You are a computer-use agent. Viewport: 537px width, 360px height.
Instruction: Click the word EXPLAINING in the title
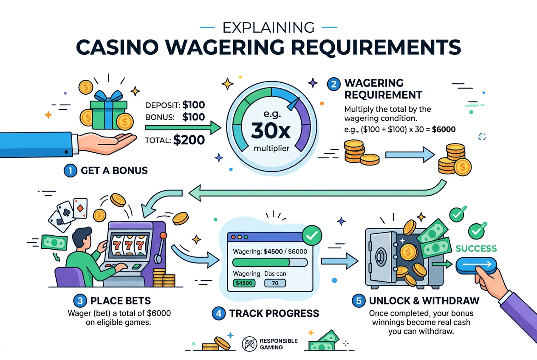[x=268, y=28]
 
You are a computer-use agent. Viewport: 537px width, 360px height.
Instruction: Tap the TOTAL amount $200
[x=189, y=140]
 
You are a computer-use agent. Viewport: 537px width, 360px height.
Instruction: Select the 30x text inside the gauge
[x=271, y=131]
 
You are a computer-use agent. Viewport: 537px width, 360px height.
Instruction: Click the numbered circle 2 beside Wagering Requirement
[x=334, y=84]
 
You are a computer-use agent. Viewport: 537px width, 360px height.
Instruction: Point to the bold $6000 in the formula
[x=444, y=129]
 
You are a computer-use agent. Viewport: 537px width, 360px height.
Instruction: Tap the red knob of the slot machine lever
[x=163, y=235]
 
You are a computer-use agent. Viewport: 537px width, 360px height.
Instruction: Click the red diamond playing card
[x=80, y=208]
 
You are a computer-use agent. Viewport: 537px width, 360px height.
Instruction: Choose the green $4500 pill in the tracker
[x=244, y=283]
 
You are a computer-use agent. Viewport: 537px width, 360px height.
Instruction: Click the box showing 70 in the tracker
[x=275, y=283]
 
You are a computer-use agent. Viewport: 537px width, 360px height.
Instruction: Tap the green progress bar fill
[x=261, y=262]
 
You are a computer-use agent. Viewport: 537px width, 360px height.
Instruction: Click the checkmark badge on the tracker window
[x=312, y=236]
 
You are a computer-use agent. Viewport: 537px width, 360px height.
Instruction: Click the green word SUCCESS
[x=476, y=249]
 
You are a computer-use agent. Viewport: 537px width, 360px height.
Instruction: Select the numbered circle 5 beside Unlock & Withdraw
[x=359, y=301]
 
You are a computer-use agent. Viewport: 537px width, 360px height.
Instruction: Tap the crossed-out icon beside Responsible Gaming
[x=249, y=344]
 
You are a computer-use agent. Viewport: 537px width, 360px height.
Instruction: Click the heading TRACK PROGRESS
[x=274, y=314]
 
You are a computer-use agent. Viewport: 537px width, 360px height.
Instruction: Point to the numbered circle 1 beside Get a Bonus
[x=70, y=171]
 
